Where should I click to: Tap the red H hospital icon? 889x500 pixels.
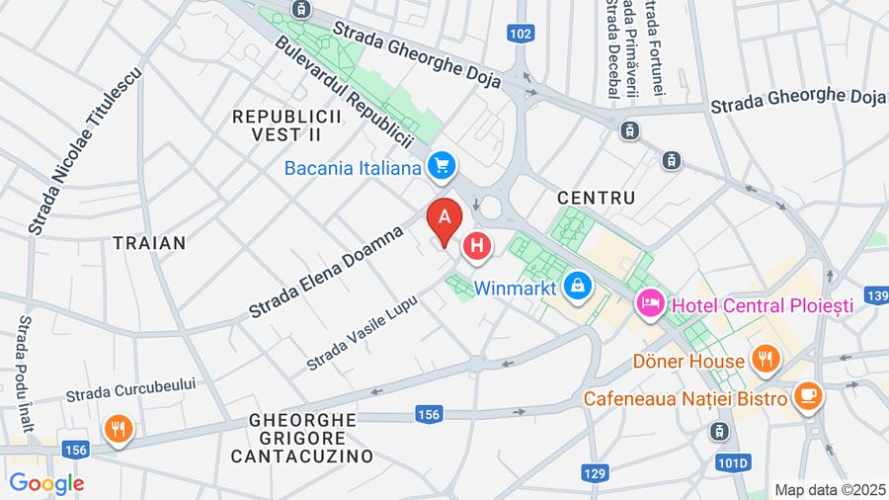click(x=477, y=247)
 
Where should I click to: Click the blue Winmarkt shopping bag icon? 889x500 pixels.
click(x=577, y=288)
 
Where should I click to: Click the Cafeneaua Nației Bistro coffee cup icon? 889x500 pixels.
click(x=807, y=397)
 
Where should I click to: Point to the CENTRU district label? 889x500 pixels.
click(x=596, y=198)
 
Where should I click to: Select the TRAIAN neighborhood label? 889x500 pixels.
click(x=149, y=242)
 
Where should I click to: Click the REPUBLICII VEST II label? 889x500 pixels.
click(x=286, y=125)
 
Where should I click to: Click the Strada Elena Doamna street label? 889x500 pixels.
click(x=327, y=272)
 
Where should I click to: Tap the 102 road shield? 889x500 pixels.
click(x=522, y=34)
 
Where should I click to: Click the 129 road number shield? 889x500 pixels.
click(x=594, y=473)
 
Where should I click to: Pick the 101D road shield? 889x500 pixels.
click(x=733, y=462)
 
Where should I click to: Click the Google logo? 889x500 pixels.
click(x=46, y=483)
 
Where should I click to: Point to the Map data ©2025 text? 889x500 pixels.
click(x=828, y=489)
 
